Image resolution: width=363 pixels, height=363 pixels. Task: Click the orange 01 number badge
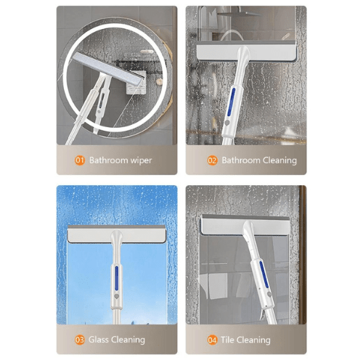pos(79,160)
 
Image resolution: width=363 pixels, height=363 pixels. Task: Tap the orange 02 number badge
pos(212,160)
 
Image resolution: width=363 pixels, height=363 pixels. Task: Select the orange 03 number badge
pos(79,339)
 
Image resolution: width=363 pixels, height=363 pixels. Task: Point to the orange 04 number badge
pos(212,339)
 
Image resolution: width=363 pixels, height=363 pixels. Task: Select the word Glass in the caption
pos(100,339)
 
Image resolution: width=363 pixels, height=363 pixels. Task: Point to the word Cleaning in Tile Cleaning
pos(255,339)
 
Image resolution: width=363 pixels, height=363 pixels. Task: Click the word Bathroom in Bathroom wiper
pos(107,160)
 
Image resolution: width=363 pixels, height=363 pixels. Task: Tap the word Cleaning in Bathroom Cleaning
pos(280,160)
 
